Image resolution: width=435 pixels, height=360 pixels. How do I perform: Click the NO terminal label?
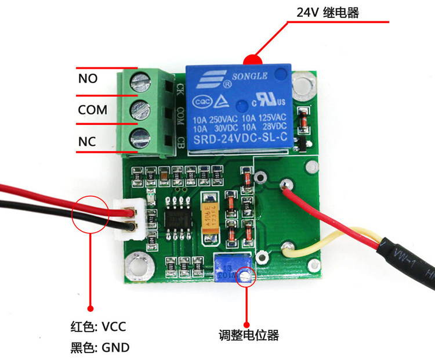tap(88, 78)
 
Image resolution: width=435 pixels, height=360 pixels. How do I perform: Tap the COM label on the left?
tap(93, 110)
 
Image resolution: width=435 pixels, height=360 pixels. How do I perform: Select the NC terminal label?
tap(87, 142)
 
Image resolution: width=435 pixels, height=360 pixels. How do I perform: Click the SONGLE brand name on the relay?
tap(249, 76)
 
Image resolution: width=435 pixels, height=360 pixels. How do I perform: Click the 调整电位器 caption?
tap(249, 335)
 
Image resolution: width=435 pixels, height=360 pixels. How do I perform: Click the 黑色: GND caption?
tap(97, 347)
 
